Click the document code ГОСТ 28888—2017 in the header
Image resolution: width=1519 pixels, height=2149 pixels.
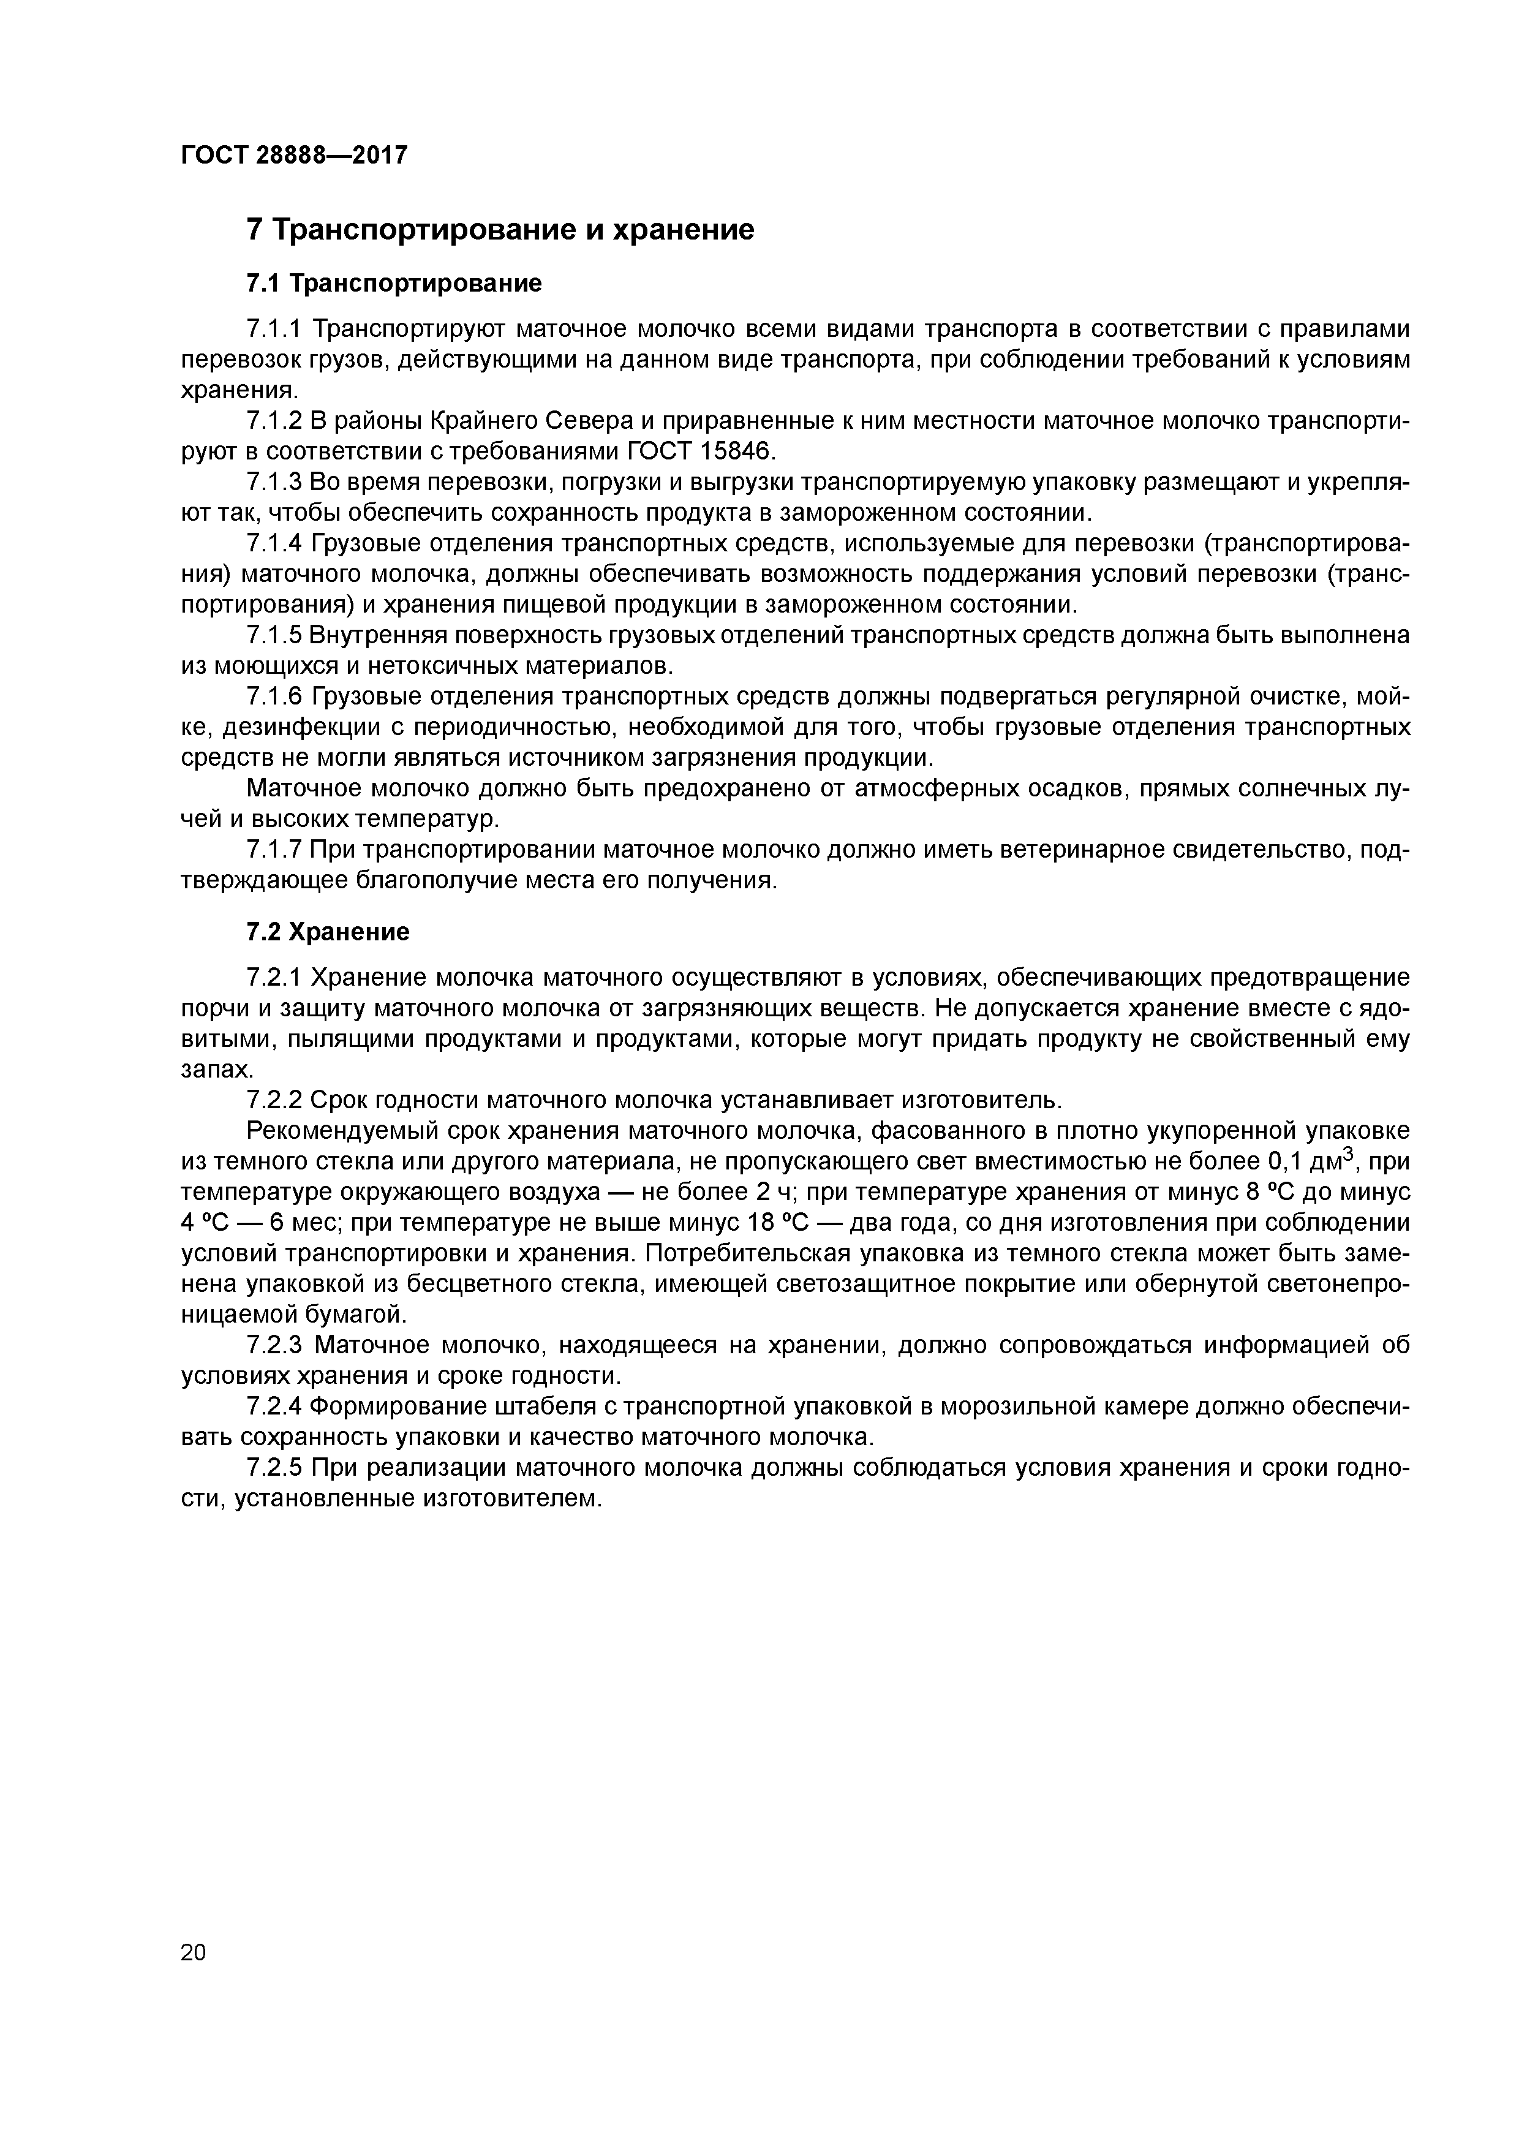(294, 154)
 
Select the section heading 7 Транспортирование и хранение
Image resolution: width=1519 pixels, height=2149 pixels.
(500, 229)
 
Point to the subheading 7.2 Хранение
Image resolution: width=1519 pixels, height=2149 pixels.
(328, 932)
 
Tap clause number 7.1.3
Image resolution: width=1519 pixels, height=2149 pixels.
(274, 482)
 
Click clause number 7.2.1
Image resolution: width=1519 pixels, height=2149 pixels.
(274, 978)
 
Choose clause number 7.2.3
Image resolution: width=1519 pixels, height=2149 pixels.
(274, 1345)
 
